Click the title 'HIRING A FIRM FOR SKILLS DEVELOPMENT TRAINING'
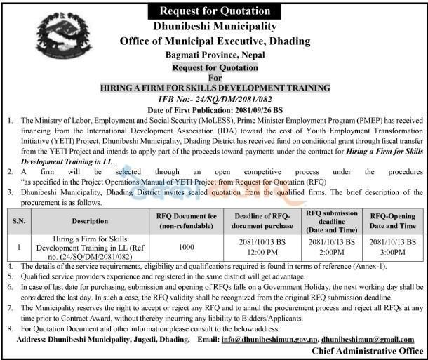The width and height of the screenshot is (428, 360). coord(215,88)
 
